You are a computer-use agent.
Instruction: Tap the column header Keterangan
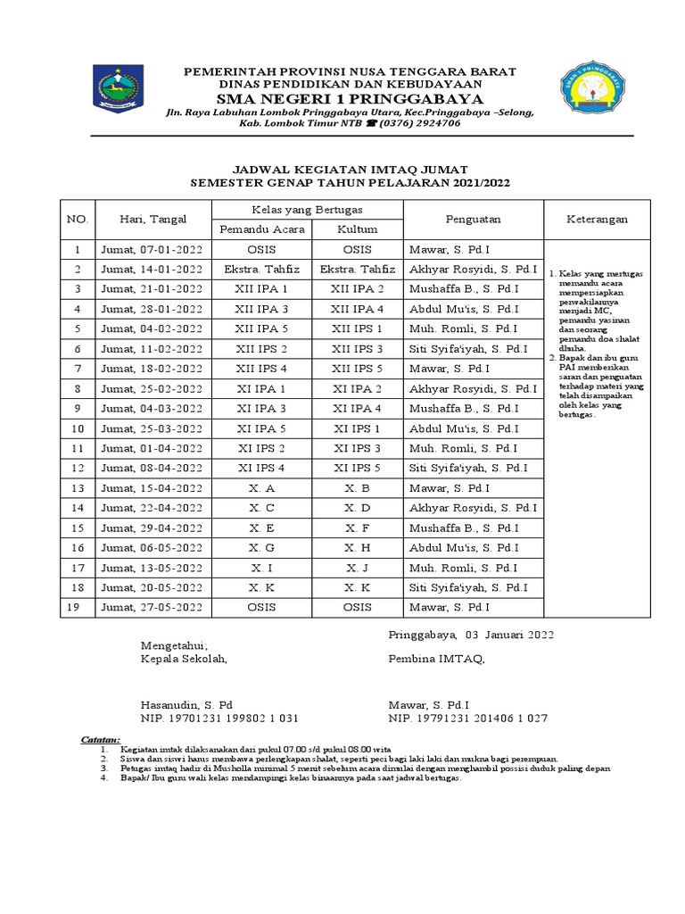click(x=598, y=219)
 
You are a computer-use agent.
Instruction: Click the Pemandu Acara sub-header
click(x=262, y=228)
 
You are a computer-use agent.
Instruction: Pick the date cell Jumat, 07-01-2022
click(x=152, y=250)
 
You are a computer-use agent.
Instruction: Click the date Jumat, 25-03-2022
click(x=152, y=428)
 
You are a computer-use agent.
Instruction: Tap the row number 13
click(x=78, y=488)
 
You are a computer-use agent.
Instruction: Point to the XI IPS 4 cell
click(x=262, y=468)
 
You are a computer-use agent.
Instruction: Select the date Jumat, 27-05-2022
click(x=152, y=607)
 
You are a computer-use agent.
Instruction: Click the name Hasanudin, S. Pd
click(x=186, y=704)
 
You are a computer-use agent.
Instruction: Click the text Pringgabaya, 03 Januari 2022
click(x=471, y=635)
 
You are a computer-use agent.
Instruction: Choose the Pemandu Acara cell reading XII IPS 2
click(x=262, y=349)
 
